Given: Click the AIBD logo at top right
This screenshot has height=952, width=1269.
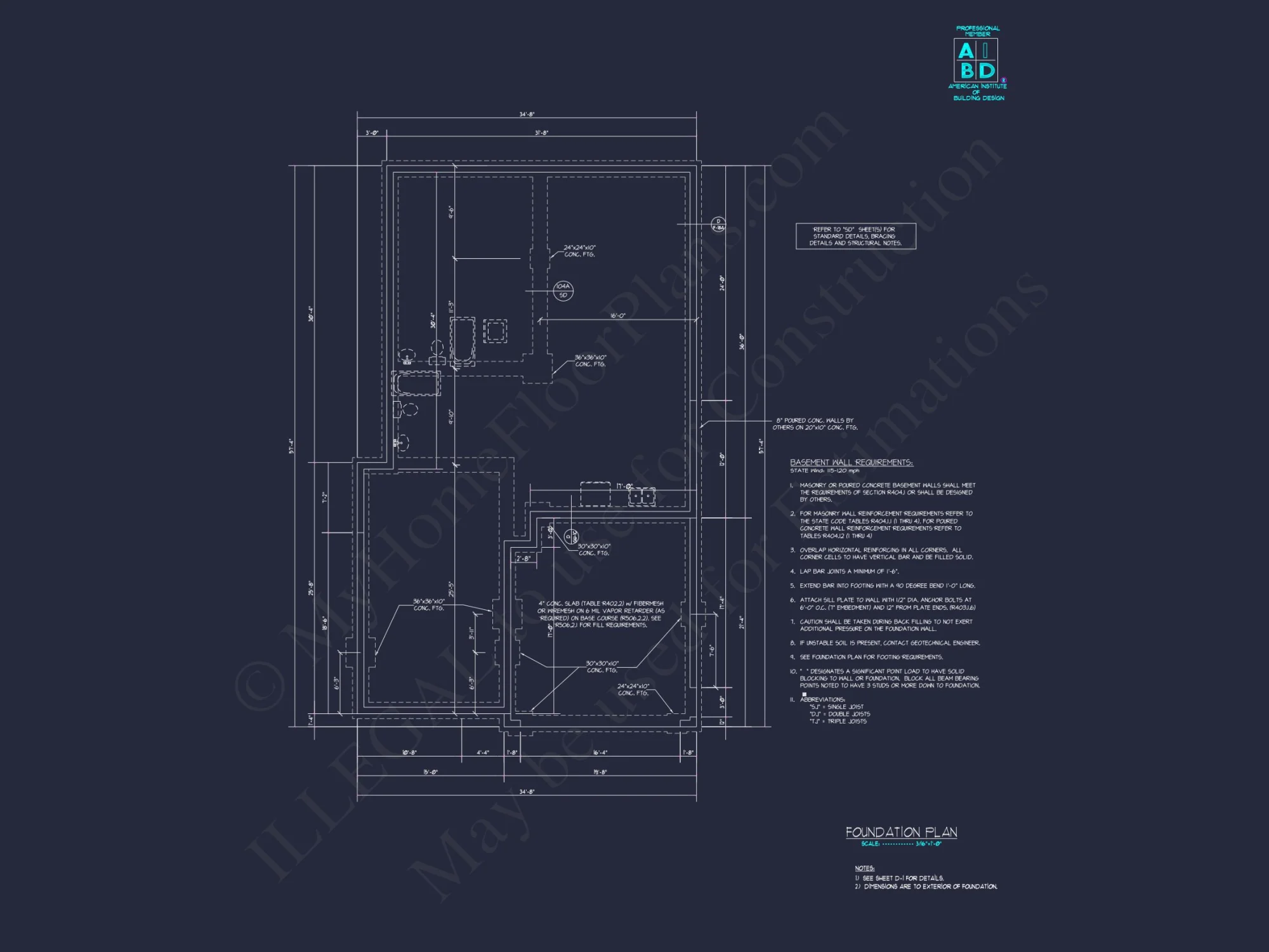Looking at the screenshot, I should [978, 62].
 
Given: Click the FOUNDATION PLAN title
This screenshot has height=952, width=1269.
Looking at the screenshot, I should [901, 832].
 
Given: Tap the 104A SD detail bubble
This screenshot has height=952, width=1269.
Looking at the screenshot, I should [563, 291].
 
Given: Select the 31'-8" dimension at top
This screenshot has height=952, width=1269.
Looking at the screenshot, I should [541, 133].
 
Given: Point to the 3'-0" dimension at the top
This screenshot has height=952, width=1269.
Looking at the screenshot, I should [372, 133].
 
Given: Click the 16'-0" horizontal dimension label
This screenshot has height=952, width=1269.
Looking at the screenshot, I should [617, 315].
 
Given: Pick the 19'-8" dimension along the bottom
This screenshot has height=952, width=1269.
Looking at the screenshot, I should [600, 772].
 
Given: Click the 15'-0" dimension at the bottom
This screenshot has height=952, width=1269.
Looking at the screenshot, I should [430, 772].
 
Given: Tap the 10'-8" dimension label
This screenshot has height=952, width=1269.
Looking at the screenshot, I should [409, 753].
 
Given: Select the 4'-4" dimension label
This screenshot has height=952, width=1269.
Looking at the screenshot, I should [483, 753].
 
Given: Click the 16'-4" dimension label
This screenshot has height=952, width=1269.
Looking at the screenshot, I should [600, 753].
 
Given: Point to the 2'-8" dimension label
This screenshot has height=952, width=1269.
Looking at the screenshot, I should [523, 559].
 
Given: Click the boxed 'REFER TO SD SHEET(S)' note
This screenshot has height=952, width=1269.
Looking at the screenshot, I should [855, 236].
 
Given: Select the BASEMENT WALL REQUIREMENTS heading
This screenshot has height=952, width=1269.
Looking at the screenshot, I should [851, 463].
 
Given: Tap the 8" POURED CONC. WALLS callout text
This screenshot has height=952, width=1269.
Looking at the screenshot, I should [815, 424].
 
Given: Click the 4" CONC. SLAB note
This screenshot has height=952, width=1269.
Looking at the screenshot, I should [601, 614].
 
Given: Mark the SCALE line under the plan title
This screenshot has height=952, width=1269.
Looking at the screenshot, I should [901, 844].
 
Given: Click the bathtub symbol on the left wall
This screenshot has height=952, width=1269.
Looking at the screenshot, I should [416, 385].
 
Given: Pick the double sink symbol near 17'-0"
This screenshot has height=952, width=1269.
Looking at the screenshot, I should [641, 496].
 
